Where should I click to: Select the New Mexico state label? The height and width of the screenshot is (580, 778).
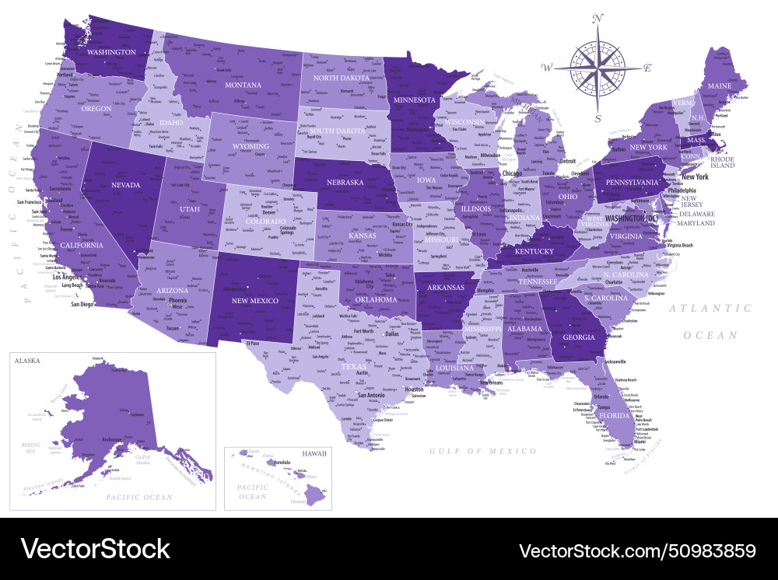coord(251,300)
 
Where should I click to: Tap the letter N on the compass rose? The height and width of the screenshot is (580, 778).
coord(598,18)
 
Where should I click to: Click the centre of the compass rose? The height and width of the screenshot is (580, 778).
coord(598,68)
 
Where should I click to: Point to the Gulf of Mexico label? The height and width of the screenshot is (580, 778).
coord(483,451)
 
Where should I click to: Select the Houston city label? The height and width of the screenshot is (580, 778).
coord(414,389)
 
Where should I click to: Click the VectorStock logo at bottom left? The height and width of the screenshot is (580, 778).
coord(95,549)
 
